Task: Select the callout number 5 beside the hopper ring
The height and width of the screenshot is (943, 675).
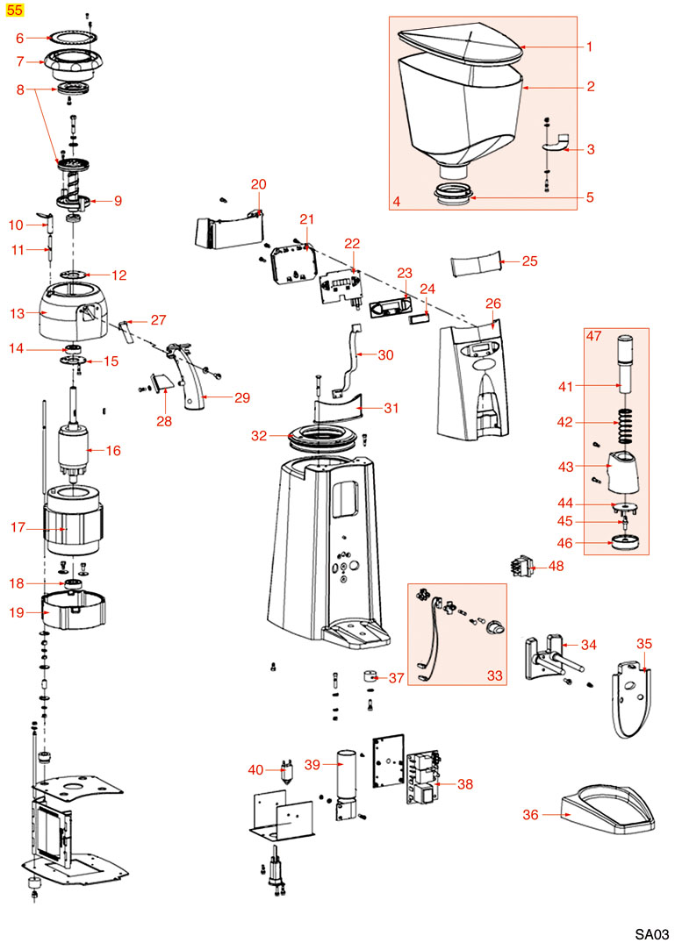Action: [x=591, y=197]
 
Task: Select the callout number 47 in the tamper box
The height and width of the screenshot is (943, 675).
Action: [x=594, y=336]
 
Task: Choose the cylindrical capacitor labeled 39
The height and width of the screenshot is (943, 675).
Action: [x=348, y=784]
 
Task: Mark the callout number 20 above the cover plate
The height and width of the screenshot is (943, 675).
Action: [x=258, y=184]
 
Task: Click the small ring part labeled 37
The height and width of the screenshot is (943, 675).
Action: [x=370, y=678]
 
